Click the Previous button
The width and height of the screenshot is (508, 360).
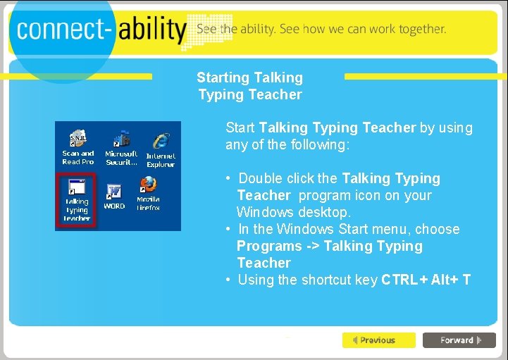coord(378,340)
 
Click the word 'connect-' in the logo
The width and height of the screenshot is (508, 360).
coord(63,30)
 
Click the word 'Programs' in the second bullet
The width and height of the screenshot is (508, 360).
coord(269,247)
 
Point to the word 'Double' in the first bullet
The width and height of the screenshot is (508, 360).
coord(261,179)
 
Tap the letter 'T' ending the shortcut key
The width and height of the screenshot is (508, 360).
coord(466,280)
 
